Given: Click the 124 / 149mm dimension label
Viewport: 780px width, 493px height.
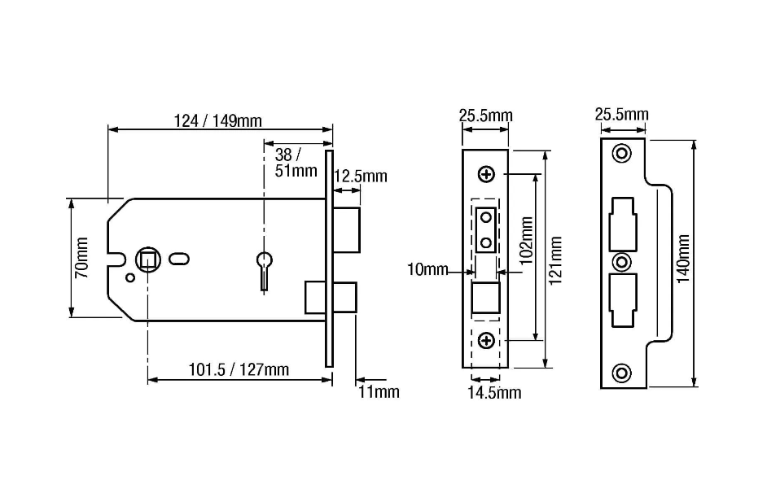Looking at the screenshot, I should pyautogui.click(x=217, y=121).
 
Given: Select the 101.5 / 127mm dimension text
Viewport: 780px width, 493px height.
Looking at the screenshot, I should pyautogui.click(x=239, y=369).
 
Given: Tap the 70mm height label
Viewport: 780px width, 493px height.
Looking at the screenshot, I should pyautogui.click(x=82, y=258).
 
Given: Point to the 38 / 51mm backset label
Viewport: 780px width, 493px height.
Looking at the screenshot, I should pyautogui.click(x=296, y=163).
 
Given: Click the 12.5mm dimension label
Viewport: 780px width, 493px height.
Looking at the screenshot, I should pyautogui.click(x=360, y=177).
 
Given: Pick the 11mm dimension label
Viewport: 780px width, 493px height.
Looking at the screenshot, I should pyautogui.click(x=379, y=392).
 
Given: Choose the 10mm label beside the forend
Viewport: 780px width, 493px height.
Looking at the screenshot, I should pyautogui.click(x=427, y=269).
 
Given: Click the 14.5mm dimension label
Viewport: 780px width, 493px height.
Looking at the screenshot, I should pyautogui.click(x=493, y=393).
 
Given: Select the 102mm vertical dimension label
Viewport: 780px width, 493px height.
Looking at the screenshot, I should pyautogui.click(x=526, y=240).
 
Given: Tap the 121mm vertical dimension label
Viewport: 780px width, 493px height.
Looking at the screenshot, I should pyautogui.click(x=555, y=261).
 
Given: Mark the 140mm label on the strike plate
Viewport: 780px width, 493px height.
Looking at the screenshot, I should pyautogui.click(x=683, y=259).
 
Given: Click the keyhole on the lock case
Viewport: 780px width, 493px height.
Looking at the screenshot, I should pyautogui.click(x=265, y=263).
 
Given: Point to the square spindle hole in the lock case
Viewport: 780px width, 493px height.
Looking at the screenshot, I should pyautogui.click(x=148, y=259).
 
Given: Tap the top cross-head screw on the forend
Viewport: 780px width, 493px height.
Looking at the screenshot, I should pyautogui.click(x=486, y=174).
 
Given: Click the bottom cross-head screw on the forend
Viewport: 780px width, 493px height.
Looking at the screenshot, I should pyautogui.click(x=486, y=340).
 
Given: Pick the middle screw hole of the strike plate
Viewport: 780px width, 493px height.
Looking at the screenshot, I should pyautogui.click(x=622, y=262).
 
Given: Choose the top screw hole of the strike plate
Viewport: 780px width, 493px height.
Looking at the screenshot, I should pyautogui.click(x=622, y=153).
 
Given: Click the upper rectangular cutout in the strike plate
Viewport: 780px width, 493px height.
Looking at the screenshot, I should pyautogui.click(x=623, y=223).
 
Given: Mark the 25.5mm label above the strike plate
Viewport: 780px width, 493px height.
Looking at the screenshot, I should pyautogui.click(x=621, y=115).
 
